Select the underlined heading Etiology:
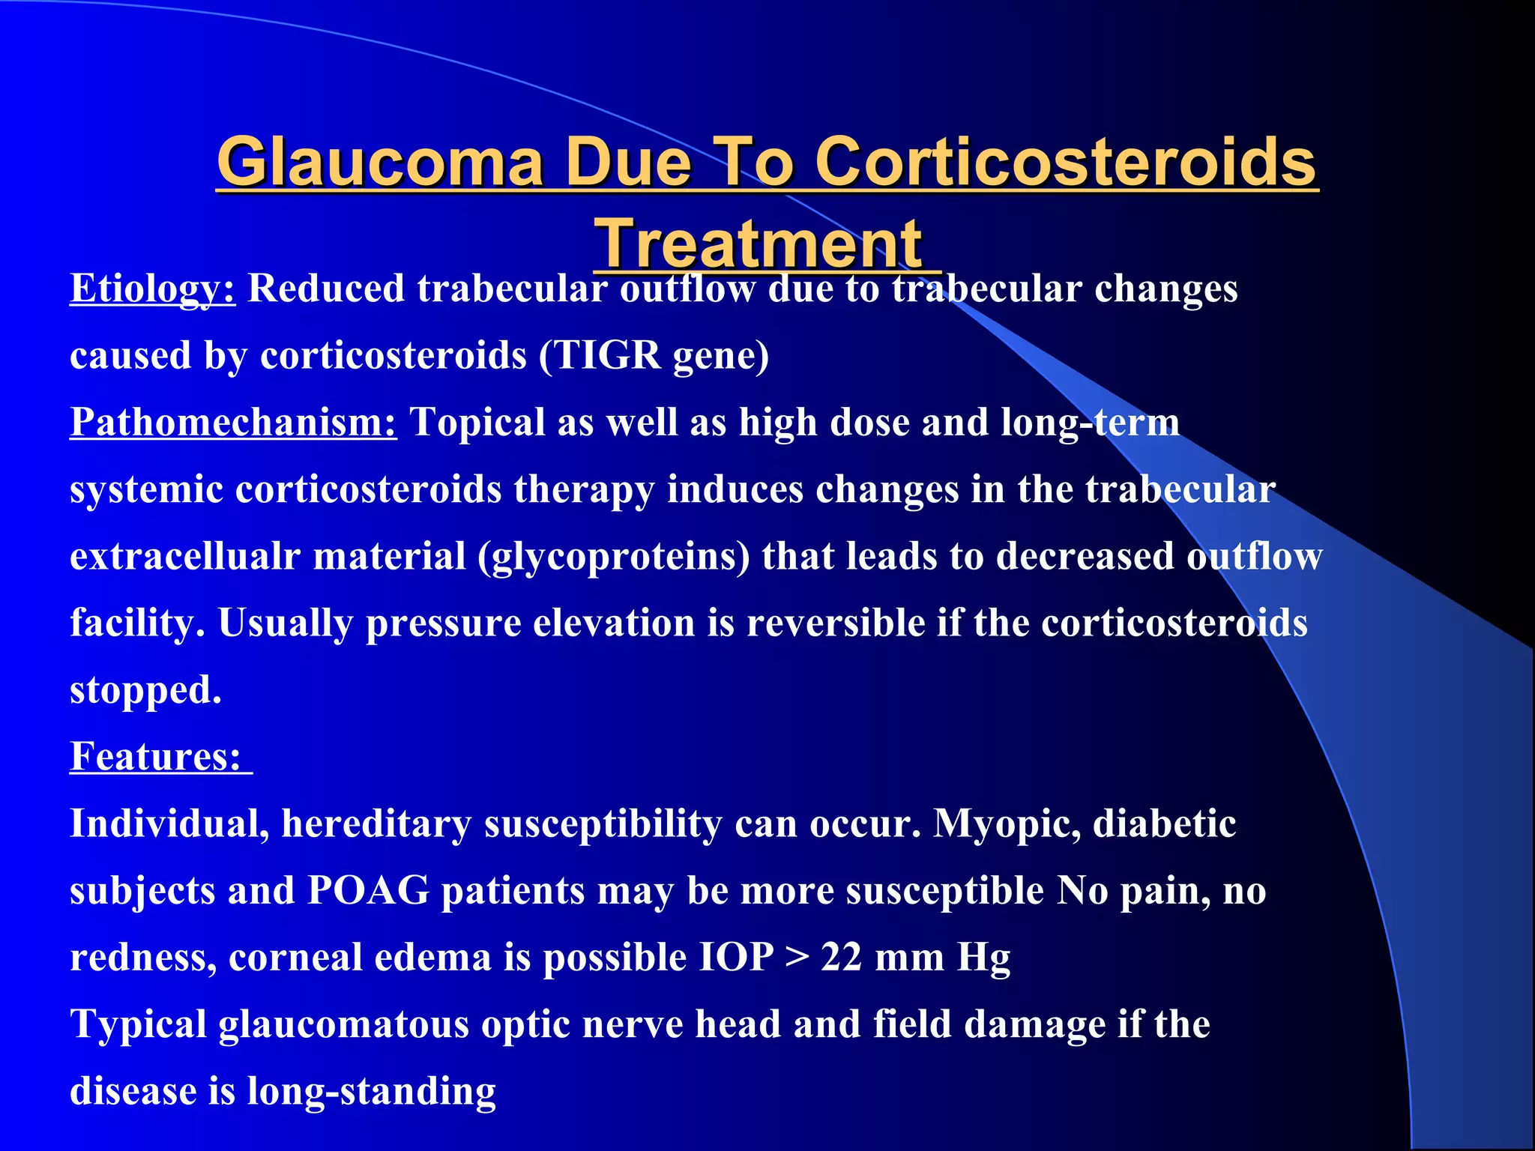coord(153,288)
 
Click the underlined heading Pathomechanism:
coord(233,422)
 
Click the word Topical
coord(477,422)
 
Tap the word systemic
coord(146,489)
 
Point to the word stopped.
coord(145,690)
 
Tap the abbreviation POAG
coord(368,891)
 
